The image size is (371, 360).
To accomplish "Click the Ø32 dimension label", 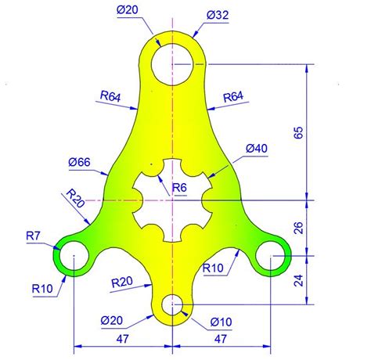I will click(x=218, y=15).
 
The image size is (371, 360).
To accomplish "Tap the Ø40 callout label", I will click(x=256, y=148).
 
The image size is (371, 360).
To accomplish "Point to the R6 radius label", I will click(x=179, y=187).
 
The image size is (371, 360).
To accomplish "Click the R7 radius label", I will click(x=34, y=235).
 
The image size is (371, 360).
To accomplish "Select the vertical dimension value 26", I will click(x=297, y=229).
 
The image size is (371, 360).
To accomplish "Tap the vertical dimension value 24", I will click(x=297, y=279).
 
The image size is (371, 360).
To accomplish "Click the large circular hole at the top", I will click(x=172, y=63).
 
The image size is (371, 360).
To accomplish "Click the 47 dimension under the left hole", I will click(x=121, y=339).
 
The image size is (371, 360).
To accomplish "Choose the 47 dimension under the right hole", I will click(x=222, y=339).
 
